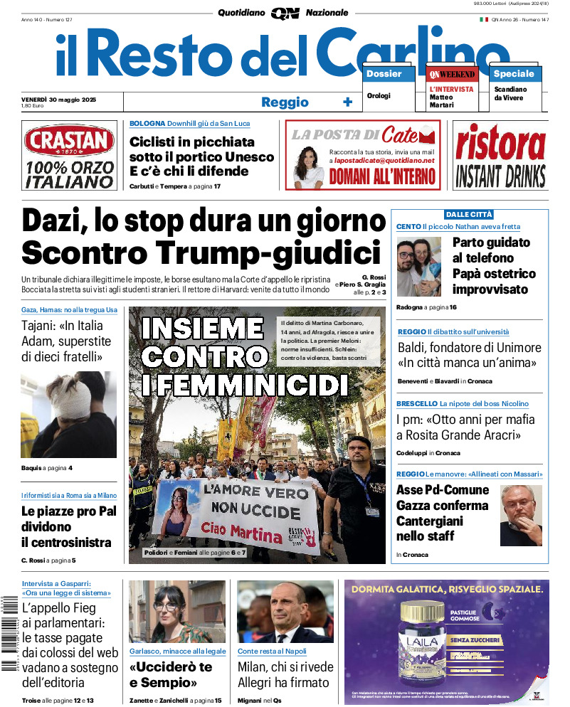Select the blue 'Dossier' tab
(384, 74)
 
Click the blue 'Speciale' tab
(514, 74)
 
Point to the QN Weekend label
(452, 74)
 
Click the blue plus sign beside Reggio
(347, 102)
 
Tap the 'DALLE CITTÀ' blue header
(469, 214)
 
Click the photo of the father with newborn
(419, 266)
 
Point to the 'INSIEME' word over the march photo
(202, 329)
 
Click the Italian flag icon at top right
(483, 19)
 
